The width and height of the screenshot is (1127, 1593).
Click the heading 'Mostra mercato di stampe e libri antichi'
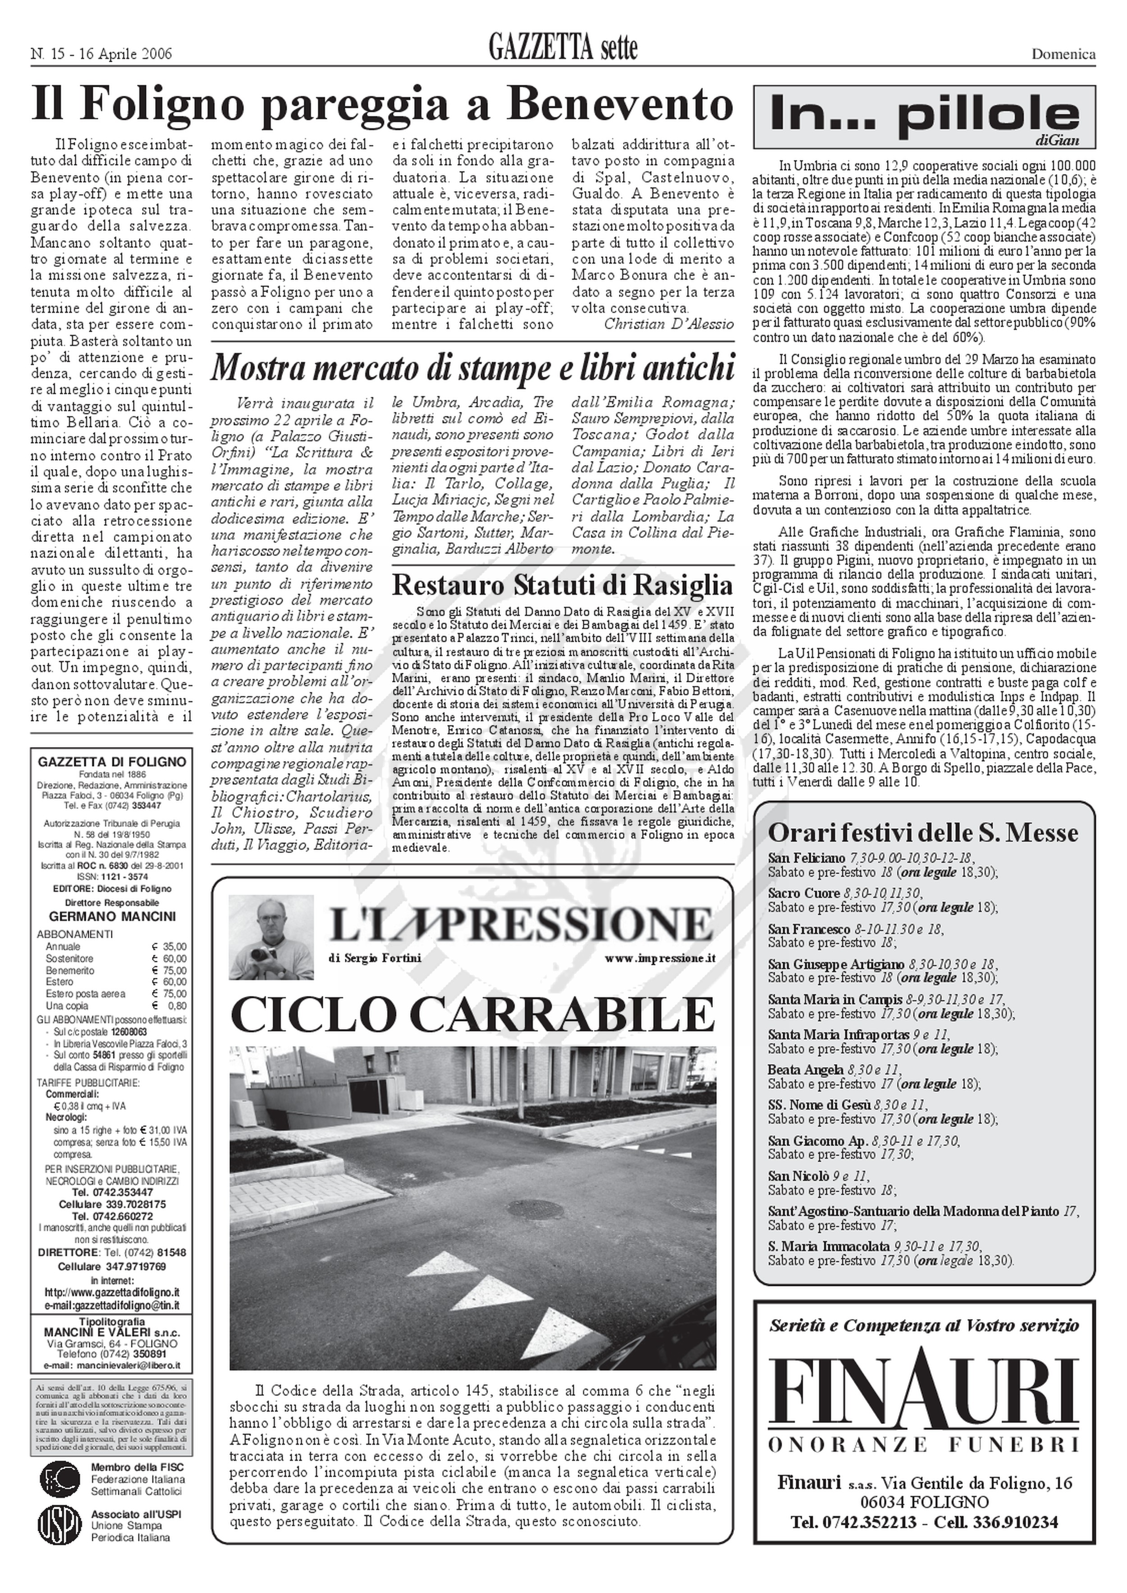[x=472, y=368]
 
